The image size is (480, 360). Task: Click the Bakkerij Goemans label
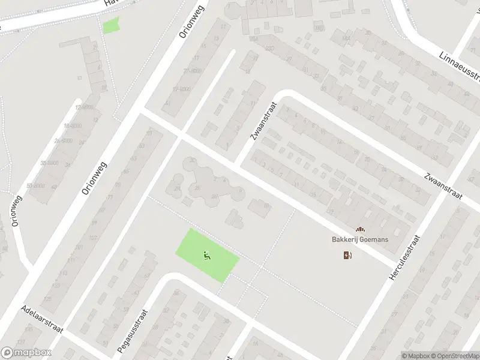point(360,239)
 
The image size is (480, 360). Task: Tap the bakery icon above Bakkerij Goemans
point(360,229)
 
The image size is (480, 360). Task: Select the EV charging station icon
point(347,256)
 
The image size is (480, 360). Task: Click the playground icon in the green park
point(207,255)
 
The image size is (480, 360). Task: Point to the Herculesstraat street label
point(406,259)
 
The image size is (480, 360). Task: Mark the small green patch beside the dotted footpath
point(110,26)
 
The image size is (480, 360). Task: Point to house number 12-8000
point(85,107)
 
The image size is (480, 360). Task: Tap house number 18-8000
point(73,125)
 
